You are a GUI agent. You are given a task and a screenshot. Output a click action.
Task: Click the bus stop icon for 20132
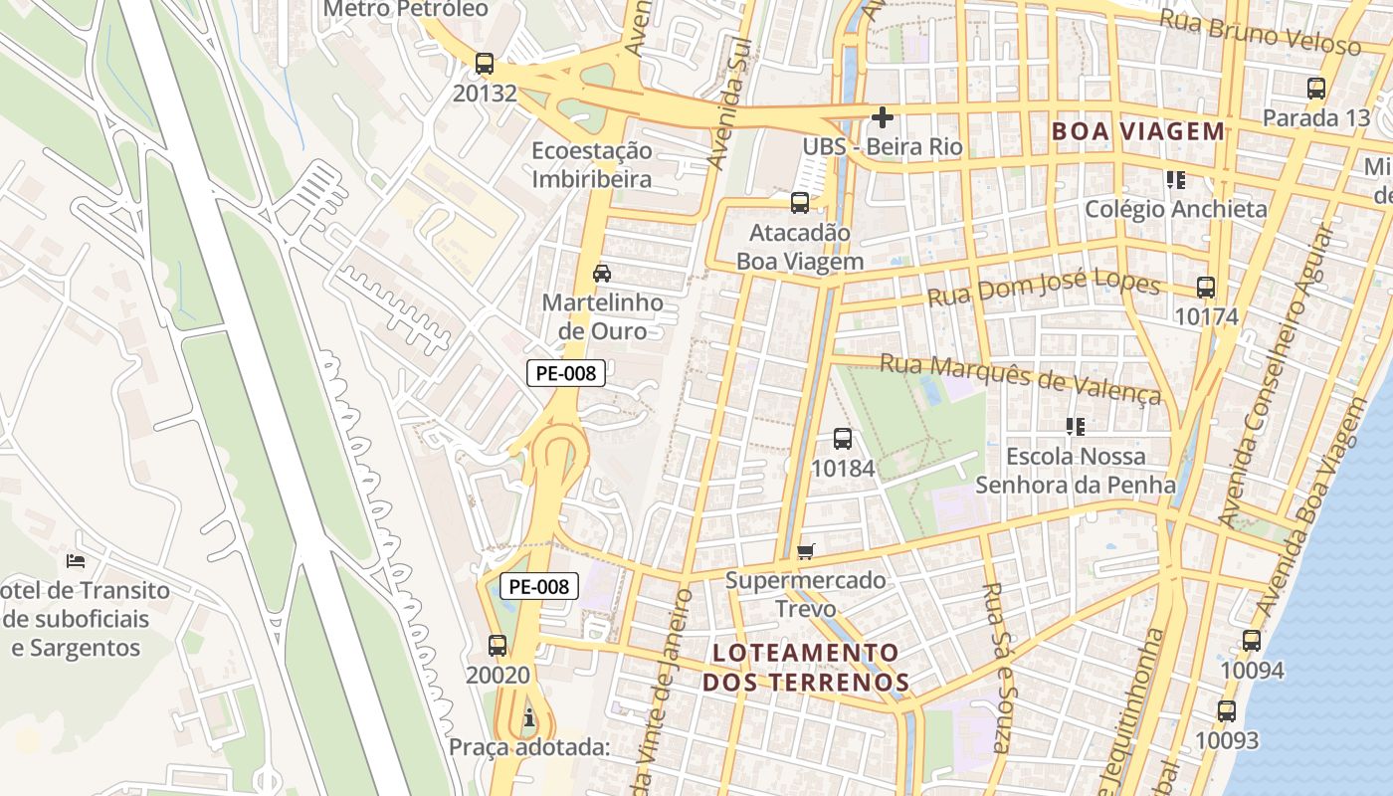pyautogui.click(x=485, y=65)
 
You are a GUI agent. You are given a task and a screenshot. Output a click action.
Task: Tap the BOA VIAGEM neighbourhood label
pyautogui.click(x=1138, y=131)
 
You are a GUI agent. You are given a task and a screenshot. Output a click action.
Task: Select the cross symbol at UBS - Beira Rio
pyautogui.click(x=882, y=117)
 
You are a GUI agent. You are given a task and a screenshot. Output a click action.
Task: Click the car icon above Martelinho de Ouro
pyautogui.click(x=602, y=273)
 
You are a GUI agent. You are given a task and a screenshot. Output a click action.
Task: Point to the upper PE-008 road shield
pyautogui.click(x=565, y=373)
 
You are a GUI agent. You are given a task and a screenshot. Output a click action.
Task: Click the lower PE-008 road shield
pyautogui.click(x=538, y=586)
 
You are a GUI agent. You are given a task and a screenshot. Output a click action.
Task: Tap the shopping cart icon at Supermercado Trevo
pyautogui.click(x=806, y=550)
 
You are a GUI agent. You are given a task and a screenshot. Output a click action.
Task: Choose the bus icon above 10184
pyautogui.click(x=842, y=438)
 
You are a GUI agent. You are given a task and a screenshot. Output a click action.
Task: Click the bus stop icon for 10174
pyautogui.click(x=1206, y=288)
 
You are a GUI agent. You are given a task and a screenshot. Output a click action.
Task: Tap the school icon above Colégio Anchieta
pyautogui.click(x=1176, y=180)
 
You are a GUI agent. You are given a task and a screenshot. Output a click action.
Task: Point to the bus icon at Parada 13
pyautogui.click(x=1316, y=88)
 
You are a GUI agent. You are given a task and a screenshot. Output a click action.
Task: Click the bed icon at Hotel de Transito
pyautogui.click(x=75, y=561)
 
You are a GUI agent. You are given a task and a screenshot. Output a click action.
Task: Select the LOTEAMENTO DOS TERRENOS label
pyautogui.click(x=806, y=667)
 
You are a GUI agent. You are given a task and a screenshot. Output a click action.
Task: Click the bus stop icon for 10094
pyautogui.click(x=1252, y=641)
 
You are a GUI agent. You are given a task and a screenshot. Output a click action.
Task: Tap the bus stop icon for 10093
pyautogui.click(x=1227, y=711)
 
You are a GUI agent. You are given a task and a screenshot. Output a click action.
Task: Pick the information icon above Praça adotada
pyautogui.click(x=528, y=716)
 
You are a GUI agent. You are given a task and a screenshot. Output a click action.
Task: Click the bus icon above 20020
pyautogui.click(x=497, y=645)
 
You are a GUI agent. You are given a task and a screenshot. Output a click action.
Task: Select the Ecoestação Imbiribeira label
pyautogui.click(x=591, y=165)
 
